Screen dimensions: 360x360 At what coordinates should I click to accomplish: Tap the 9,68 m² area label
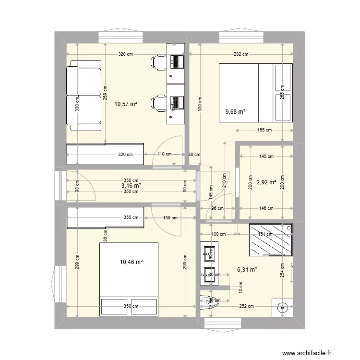pos(235,112)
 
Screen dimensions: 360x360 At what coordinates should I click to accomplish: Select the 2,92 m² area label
pos(266,182)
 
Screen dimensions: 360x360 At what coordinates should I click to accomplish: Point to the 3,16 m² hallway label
pos(131,185)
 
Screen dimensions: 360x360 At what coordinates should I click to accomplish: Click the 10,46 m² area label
pos(131,262)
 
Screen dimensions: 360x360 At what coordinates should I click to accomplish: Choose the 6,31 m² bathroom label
pos(246,270)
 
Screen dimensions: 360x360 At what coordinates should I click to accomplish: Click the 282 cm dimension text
pos(241,54)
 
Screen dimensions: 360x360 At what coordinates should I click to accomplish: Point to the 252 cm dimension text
pos(248,306)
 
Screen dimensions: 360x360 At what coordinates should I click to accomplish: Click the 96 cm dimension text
pos(217,208)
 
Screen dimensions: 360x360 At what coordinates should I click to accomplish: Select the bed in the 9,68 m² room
pos(255,92)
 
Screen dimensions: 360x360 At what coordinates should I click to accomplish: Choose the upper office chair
pos(158,61)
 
